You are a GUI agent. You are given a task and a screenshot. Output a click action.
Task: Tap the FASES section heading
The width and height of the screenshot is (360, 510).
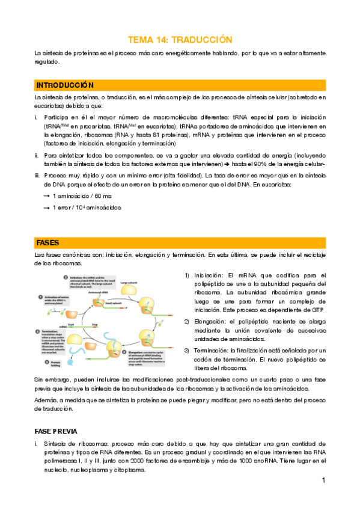pos(47,242)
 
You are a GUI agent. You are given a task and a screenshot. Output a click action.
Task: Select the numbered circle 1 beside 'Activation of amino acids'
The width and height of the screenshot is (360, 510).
pos(40,296)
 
